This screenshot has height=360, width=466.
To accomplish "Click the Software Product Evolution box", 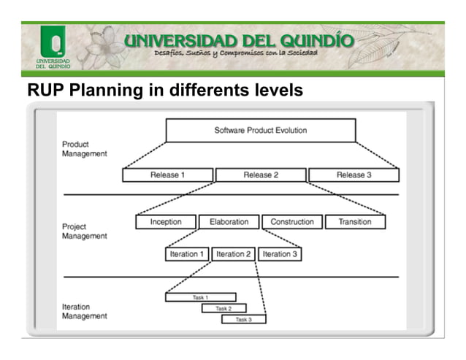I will [260, 131].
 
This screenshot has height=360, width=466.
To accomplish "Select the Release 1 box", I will [167, 175].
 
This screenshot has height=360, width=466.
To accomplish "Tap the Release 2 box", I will [261, 175].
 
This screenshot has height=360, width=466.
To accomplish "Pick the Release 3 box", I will [354, 175].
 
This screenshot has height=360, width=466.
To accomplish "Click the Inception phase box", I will [166, 222].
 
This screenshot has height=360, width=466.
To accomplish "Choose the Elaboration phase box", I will [229, 222].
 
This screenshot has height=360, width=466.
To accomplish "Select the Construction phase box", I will [292, 222].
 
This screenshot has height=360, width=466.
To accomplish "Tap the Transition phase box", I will [354, 222].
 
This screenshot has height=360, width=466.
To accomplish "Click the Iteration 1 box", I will [187, 254].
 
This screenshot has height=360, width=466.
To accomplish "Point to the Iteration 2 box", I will [233, 254].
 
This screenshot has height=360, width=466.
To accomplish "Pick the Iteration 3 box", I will [280, 254].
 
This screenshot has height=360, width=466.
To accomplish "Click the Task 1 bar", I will [201, 297].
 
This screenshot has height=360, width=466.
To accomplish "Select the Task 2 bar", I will [224, 308].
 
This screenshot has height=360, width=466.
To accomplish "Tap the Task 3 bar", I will [243, 319].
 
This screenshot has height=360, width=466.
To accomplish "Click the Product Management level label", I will [84, 149].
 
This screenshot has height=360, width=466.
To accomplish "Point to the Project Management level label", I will [84, 231].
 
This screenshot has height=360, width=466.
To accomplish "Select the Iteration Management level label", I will [84, 311].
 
